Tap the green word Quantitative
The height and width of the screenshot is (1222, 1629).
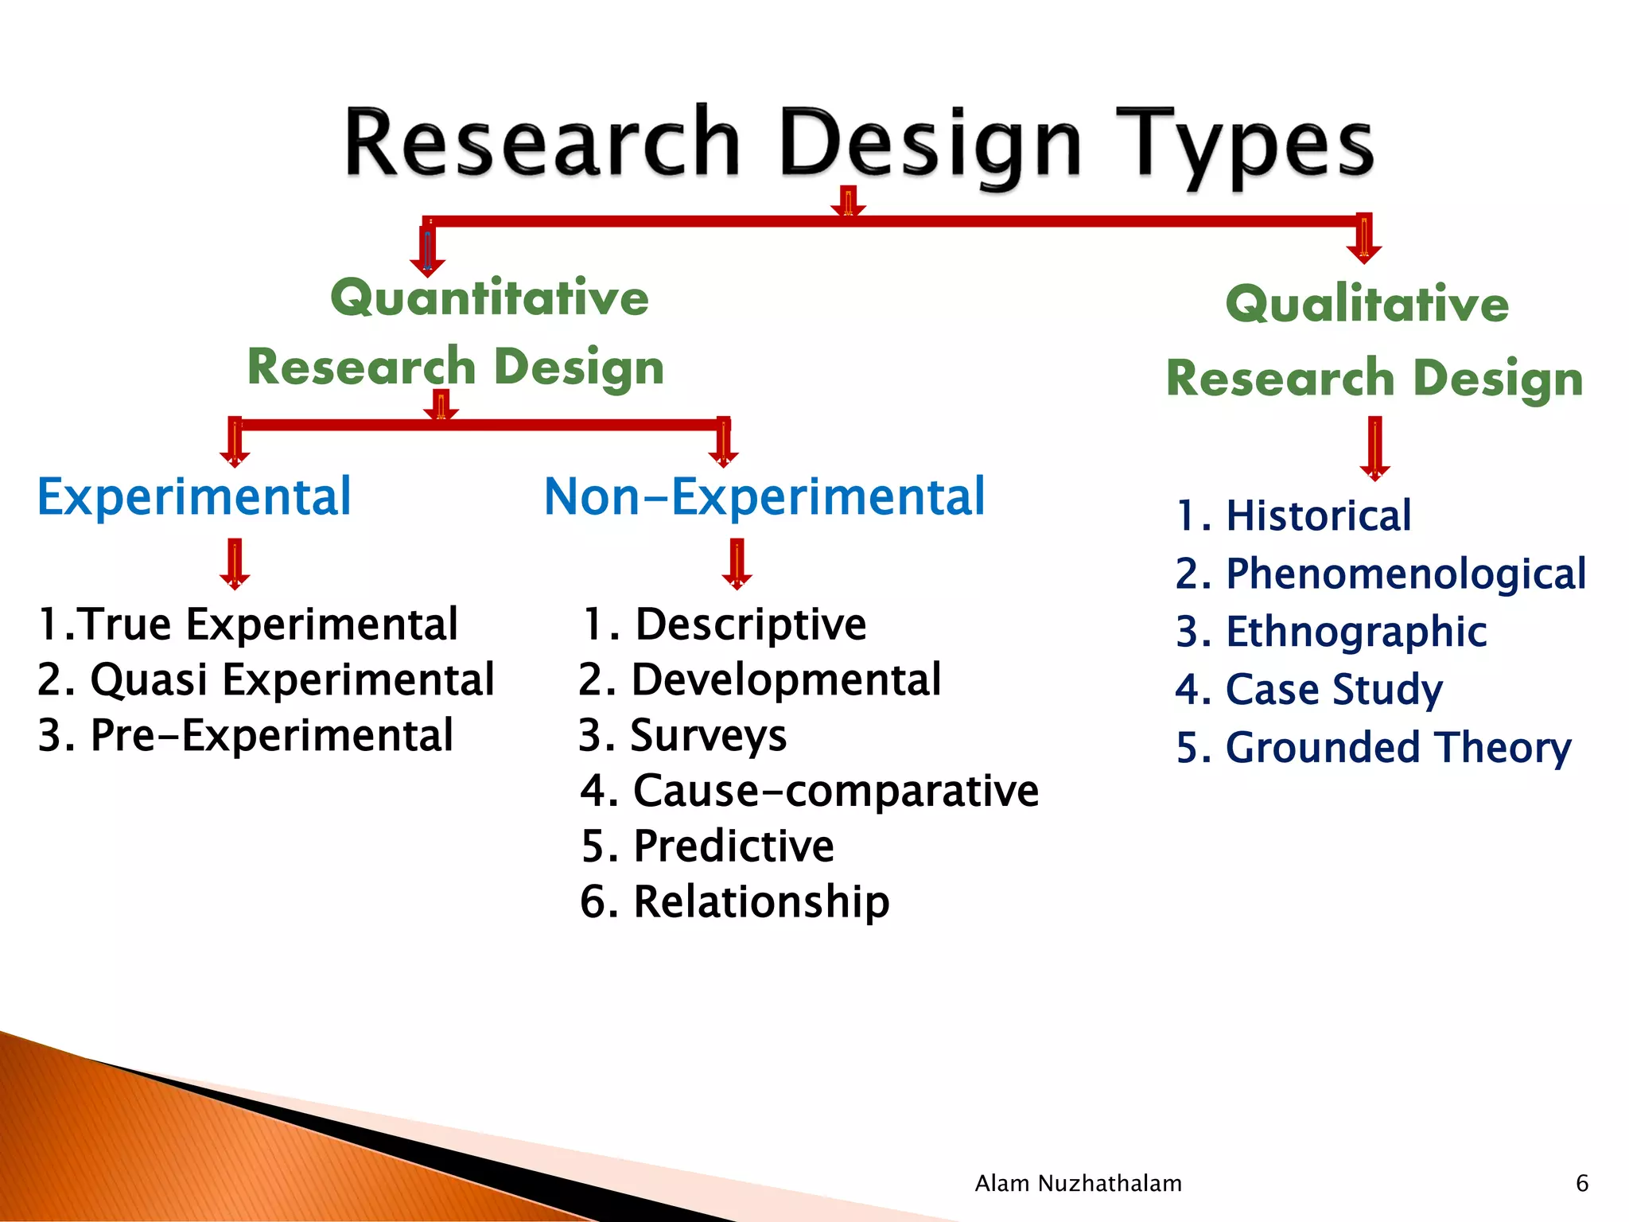tap(489, 298)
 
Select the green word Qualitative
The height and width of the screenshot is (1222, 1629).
tap(1367, 304)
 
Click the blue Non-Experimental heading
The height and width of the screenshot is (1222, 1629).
tap(764, 497)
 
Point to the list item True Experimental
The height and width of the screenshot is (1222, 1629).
tap(248, 624)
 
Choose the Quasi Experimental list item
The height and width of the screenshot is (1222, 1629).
tap(266, 679)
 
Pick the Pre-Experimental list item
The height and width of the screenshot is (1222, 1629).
tap(245, 735)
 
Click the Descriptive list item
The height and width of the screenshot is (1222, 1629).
tap(724, 624)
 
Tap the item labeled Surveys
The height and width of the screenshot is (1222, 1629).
tap(682, 735)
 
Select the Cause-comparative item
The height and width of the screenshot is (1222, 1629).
tap(809, 791)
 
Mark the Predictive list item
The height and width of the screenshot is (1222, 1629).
tap(707, 846)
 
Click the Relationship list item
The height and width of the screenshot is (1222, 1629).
tap(734, 901)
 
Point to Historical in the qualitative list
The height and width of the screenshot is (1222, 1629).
tap(1293, 516)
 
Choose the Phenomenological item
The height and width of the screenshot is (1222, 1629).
tap(1380, 574)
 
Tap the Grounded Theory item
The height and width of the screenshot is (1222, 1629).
tap(1373, 748)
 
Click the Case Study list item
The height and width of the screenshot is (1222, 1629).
tap(1308, 689)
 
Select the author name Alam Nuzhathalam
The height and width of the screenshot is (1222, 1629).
tap(1078, 1184)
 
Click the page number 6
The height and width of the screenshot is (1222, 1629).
tap(1581, 1184)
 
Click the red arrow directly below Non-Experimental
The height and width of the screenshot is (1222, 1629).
tap(737, 563)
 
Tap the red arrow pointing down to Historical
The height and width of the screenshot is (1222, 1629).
tap(1374, 448)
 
